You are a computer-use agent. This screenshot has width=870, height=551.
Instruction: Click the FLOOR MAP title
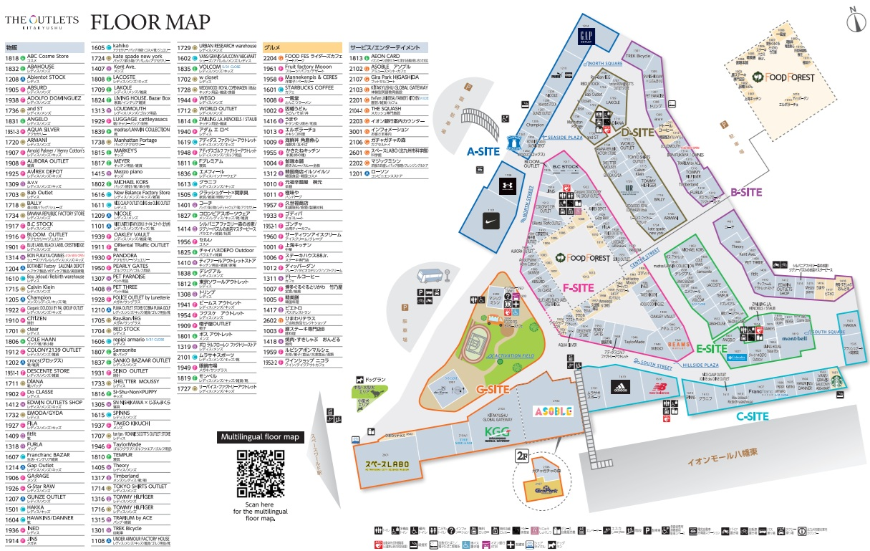tap(150, 22)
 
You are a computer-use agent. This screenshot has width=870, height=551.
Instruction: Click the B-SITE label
tap(745, 192)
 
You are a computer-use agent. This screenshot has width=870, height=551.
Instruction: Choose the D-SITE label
tap(638, 132)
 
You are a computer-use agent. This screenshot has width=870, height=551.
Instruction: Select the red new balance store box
tap(659, 390)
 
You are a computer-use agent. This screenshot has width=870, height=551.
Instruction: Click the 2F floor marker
tap(523, 454)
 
